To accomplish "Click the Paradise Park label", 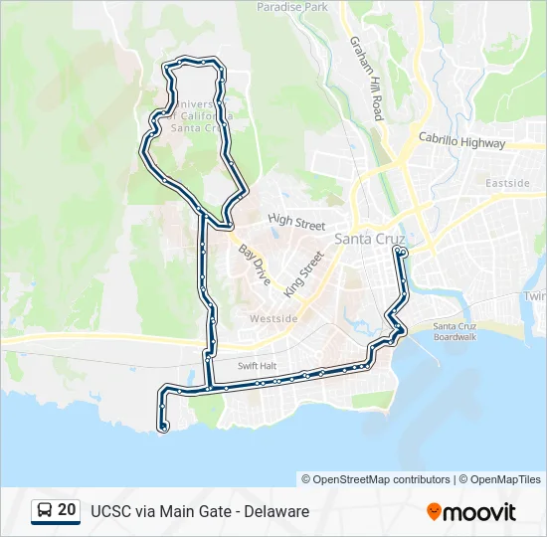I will [292, 6].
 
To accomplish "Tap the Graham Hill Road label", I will [365, 78].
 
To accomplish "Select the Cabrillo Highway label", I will [461, 142].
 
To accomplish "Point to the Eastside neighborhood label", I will [508, 183].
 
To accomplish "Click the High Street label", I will [296, 224].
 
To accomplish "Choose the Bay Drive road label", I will [254, 262].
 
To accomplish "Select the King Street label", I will [304, 274].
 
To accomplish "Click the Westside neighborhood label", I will [273, 318].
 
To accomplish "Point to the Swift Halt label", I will [255, 366].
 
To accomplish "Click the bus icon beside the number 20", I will [45, 511].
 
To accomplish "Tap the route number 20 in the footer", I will [67, 510].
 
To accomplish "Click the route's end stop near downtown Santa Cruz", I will [400, 253].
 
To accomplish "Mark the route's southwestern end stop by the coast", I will [162, 428].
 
